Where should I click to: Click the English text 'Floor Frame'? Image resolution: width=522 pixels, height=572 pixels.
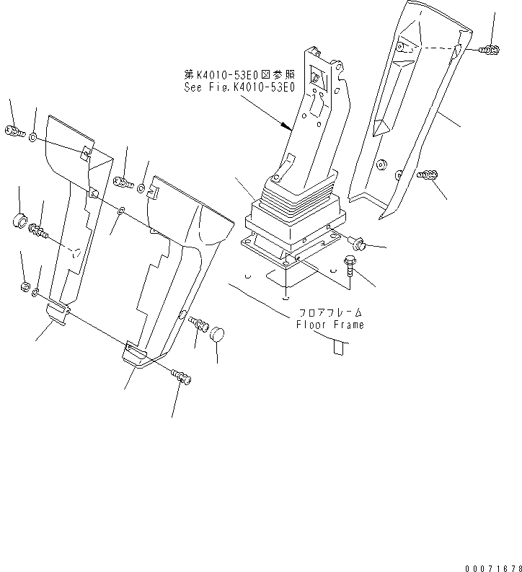(330, 325)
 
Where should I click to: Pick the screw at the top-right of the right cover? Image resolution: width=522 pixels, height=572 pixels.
(488, 50)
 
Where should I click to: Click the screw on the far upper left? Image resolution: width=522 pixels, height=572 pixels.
(14, 132)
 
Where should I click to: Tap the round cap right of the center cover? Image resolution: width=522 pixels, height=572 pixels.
(217, 334)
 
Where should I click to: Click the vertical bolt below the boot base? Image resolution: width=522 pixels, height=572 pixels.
(351, 266)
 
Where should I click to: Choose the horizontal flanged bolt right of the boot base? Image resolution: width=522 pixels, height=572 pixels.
(358, 244)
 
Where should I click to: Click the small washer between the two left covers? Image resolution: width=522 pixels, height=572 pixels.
(121, 210)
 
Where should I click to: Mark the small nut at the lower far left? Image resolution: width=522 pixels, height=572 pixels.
(24, 287)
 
